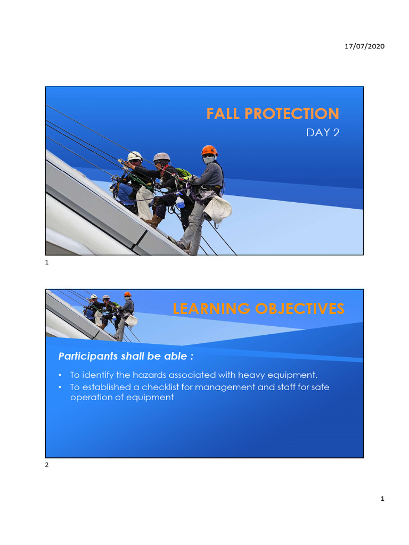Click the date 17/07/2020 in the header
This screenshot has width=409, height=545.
(x=364, y=46)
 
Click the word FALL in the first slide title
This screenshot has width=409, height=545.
(x=224, y=113)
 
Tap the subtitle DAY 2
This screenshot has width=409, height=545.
(x=323, y=133)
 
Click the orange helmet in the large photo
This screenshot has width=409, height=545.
(x=209, y=150)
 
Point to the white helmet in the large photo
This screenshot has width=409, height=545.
(x=135, y=156)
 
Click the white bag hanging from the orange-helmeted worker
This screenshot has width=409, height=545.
(x=218, y=209)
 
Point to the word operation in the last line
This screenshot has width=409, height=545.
(x=91, y=398)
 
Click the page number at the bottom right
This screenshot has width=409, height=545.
(x=382, y=499)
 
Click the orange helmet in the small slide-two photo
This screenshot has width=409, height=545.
(x=127, y=294)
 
